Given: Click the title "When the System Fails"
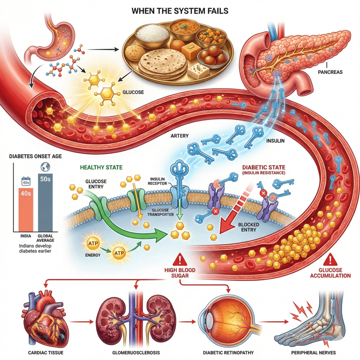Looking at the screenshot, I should (180, 11).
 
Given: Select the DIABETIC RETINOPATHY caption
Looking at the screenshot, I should (229, 352).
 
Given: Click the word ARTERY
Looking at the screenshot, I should (180, 136).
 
